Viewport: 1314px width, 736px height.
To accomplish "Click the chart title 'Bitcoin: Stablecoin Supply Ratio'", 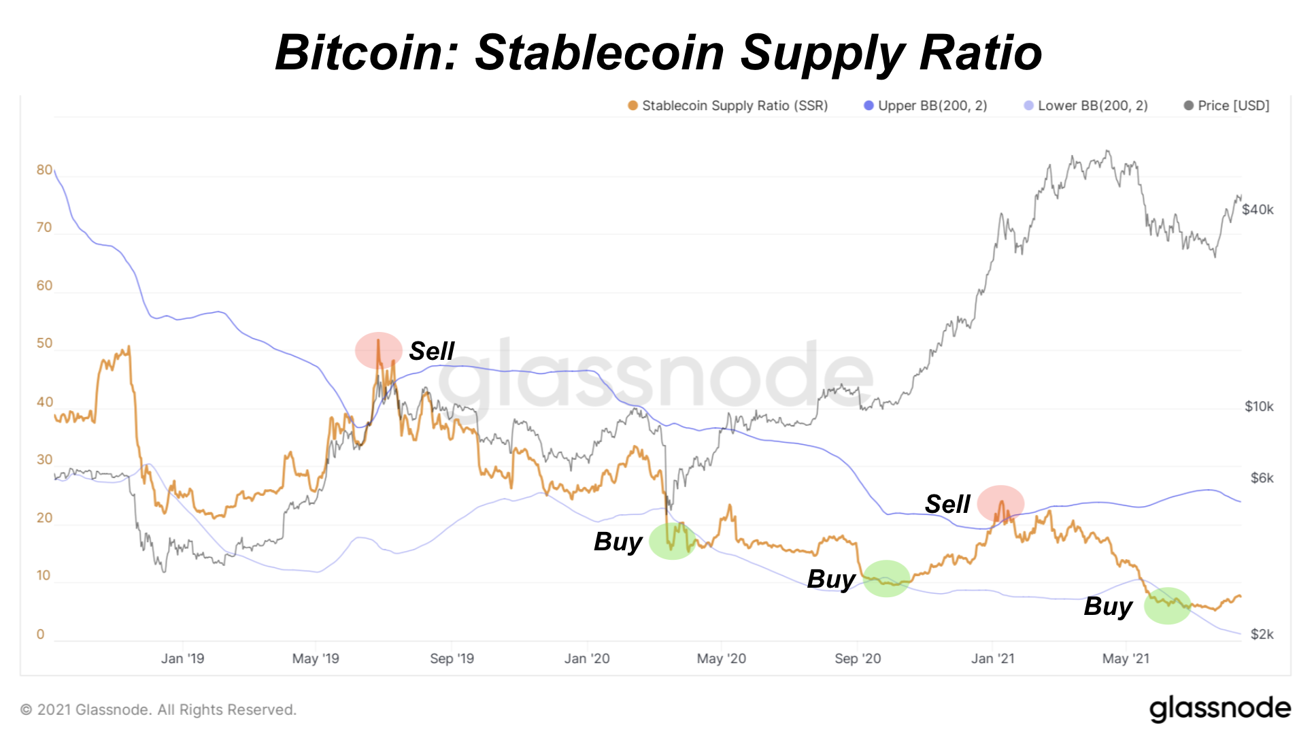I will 658,52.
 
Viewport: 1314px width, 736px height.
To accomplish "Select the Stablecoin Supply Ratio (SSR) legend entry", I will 728,105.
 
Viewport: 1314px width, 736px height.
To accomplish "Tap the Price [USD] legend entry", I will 1226,105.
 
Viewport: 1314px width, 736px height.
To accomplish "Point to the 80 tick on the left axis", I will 44,170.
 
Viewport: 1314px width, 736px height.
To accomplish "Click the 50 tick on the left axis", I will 44,344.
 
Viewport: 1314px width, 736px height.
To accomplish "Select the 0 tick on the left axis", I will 41,634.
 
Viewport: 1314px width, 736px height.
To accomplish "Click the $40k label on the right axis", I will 1258,210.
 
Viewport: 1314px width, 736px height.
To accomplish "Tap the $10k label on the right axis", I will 1258,407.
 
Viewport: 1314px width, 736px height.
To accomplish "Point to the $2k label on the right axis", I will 1262,634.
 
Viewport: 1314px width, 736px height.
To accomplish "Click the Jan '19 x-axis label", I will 182,658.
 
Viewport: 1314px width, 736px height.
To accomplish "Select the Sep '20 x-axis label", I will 858,658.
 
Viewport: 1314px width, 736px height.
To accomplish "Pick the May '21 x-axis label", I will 1126,658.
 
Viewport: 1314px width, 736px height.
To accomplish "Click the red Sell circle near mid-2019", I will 379,350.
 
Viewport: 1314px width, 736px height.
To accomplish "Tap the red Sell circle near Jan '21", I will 1000,503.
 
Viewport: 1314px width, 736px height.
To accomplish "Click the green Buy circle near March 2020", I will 673,541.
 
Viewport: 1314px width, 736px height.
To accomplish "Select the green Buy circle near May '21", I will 1167,605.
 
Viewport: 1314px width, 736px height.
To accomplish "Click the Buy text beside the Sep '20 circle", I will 831,579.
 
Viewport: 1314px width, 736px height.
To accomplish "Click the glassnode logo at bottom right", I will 1220,709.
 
